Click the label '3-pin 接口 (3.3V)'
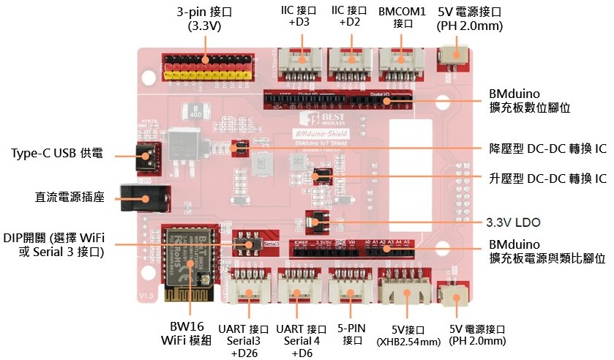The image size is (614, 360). pyautogui.click(x=204, y=19)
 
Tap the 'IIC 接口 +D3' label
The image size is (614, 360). pyautogui.click(x=299, y=17)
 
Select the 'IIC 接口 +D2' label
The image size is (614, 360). pyautogui.click(x=349, y=17)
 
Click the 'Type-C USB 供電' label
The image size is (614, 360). pyautogui.click(x=58, y=154)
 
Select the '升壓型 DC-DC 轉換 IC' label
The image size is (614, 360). pyautogui.click(x=547, y=178)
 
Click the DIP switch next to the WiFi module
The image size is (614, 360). pyautogui.click(x=247, y=244)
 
